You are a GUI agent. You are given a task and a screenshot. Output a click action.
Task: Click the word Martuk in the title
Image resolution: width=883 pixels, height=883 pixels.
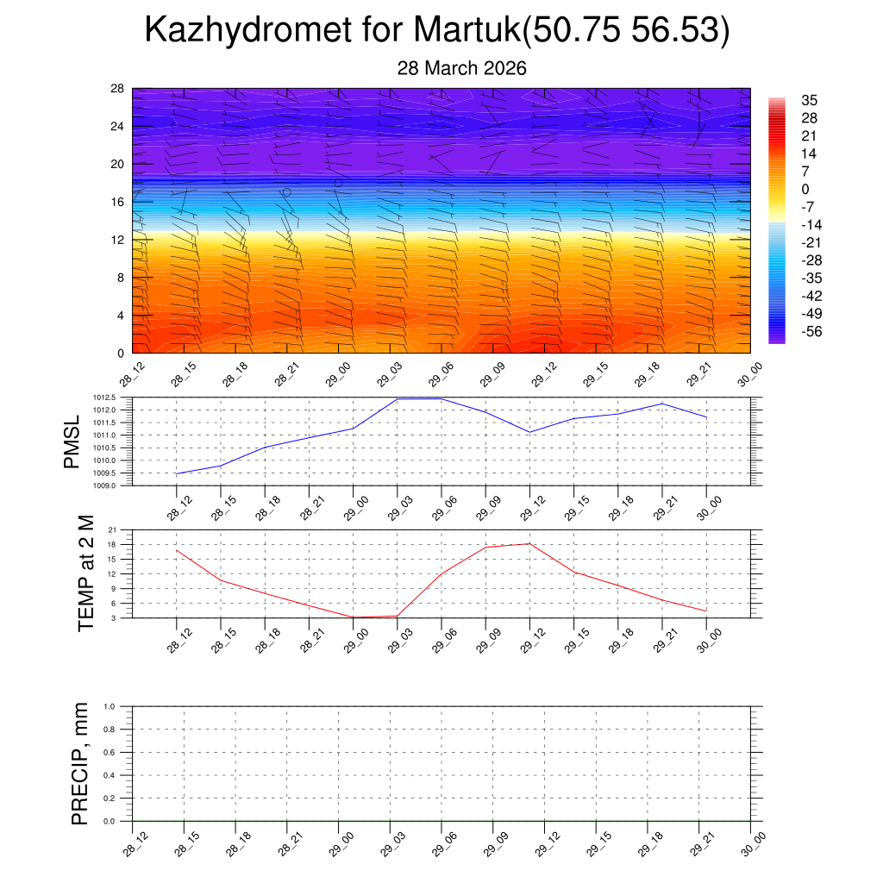click(466, 30)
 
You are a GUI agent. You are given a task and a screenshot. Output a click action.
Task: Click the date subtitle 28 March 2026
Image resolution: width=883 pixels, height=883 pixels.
click(461, 68)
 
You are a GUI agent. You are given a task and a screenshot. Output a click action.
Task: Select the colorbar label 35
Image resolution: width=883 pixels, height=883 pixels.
click(808, 100)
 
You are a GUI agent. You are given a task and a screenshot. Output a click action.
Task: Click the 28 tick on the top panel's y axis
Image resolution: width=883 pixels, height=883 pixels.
click(118, 89)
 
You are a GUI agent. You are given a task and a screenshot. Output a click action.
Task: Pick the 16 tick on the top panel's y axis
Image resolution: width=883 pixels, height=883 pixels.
click(118, 202)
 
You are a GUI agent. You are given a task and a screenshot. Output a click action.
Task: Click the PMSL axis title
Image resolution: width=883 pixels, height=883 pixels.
click(76, 441)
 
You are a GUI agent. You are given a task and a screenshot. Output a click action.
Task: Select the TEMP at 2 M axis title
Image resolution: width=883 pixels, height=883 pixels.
click(85, 573)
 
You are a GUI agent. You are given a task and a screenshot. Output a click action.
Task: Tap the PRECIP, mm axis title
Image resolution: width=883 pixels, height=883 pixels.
click(79, 764)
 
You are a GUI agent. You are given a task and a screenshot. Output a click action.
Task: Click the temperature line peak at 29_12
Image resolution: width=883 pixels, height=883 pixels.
click(529, 543)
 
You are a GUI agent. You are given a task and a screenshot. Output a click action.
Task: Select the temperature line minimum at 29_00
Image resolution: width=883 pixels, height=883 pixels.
click(353, 617)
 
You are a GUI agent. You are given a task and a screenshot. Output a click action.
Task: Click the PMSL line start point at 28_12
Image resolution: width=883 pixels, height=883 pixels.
click(176, 473)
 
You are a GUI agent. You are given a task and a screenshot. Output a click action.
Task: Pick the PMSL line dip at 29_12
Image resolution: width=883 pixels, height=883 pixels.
click(529, 432)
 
